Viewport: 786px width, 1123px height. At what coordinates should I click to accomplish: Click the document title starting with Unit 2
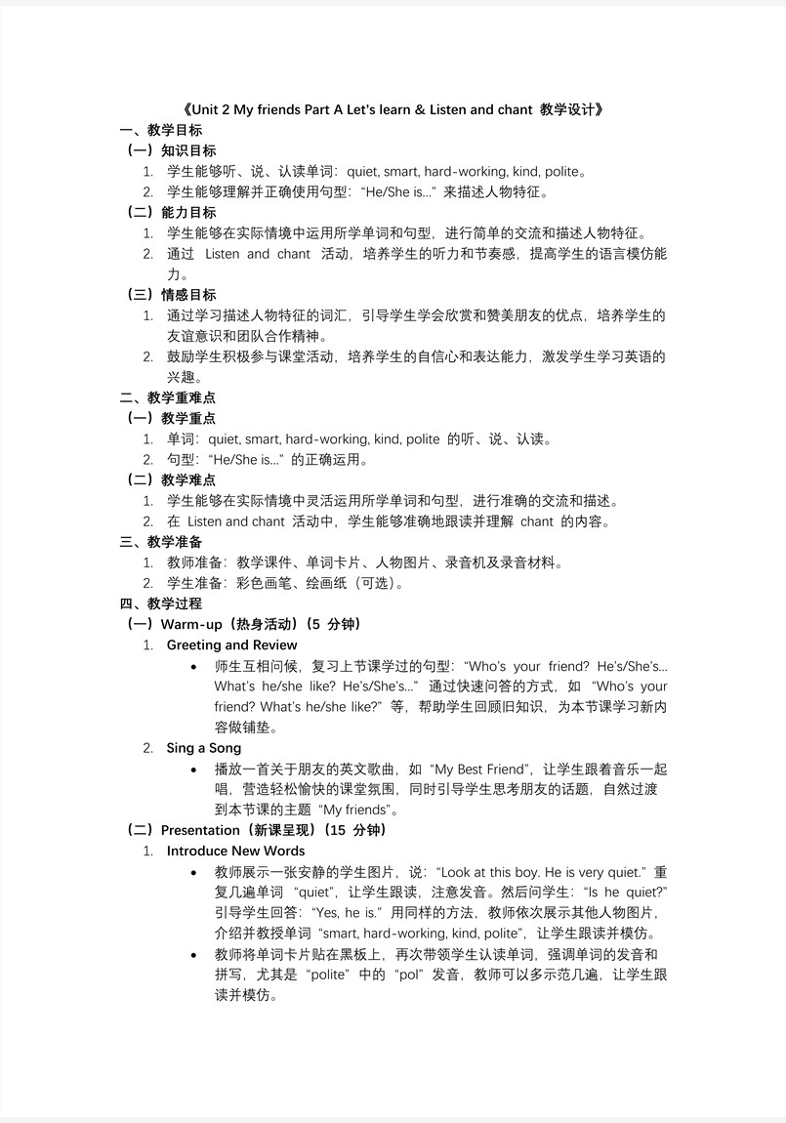click(393, 109)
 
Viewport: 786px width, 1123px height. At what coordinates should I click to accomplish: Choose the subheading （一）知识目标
click(172, 150)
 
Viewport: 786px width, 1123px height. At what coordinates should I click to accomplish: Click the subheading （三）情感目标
click(172, 294)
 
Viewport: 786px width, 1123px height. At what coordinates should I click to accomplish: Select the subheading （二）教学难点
click(172, 479)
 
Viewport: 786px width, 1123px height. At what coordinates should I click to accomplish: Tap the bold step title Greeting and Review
click(232, 645)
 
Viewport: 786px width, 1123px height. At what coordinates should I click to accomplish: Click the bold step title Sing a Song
click(204, 748)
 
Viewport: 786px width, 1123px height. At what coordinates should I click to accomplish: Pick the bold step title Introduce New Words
click(236, 851)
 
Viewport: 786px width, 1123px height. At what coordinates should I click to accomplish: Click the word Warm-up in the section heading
click(190, 624)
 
